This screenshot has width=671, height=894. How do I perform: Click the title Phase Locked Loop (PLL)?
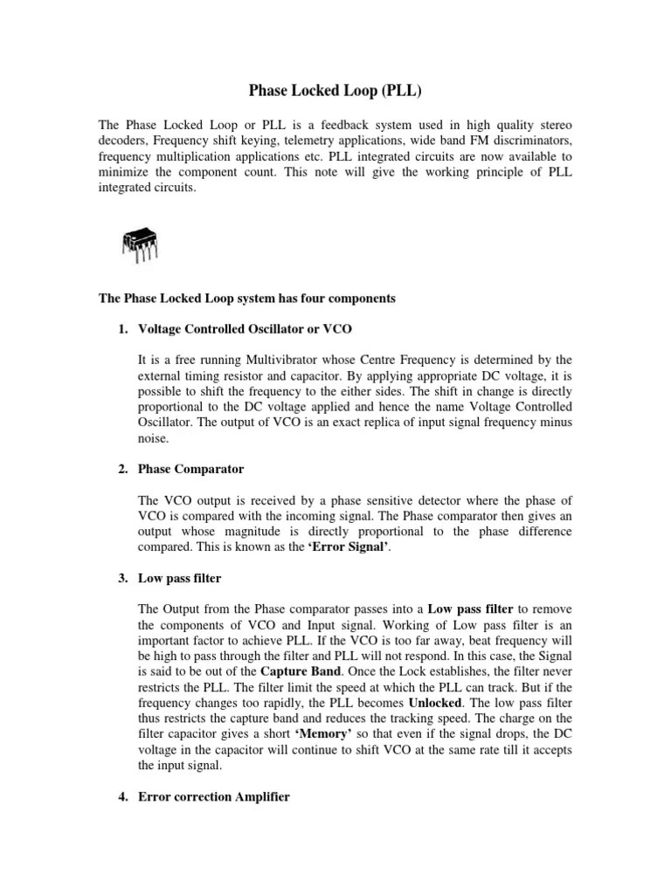[x=335, y=90]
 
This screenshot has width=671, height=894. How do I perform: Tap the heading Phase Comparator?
[x=190, y=469]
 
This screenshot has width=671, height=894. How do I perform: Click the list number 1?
[x=122, y=328]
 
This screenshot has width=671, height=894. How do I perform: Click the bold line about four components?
[x=247, y=298]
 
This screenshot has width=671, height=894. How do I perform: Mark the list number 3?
[x=122, y=578]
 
